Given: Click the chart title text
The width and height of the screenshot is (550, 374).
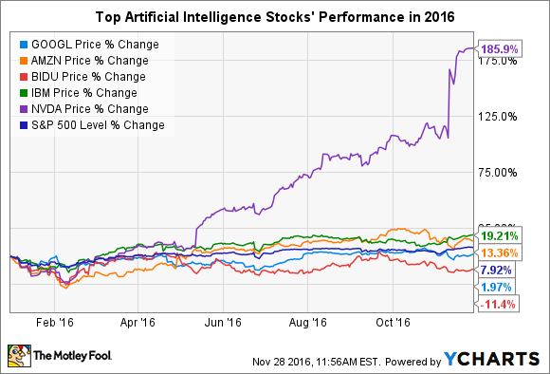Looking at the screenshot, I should pos(274,17).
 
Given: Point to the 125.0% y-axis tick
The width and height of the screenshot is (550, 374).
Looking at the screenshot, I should pos(497,116).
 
